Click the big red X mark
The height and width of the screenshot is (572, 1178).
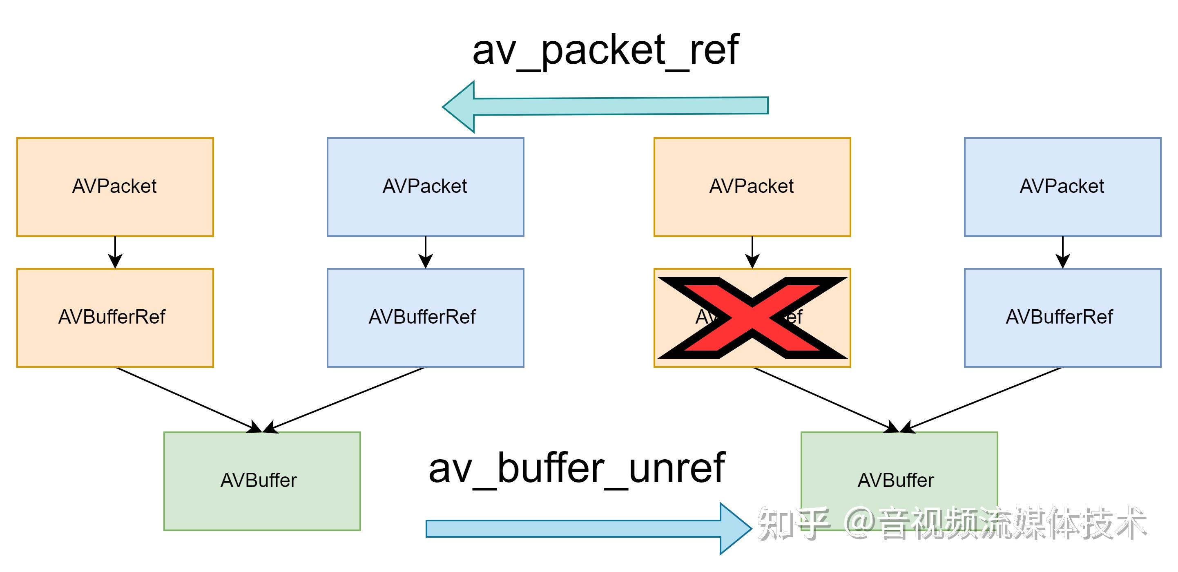752,317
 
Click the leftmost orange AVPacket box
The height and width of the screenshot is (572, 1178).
115,187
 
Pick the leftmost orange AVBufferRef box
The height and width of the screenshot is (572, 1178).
115,317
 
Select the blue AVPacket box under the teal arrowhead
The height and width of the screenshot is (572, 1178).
425,187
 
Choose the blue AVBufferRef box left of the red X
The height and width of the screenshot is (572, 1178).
425,317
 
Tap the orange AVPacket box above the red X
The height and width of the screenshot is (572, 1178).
752,187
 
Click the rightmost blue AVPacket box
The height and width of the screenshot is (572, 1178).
1062,187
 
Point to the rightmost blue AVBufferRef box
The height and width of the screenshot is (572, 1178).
1062,317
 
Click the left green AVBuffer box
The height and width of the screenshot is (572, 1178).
262,480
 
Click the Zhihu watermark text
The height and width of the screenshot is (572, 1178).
951,523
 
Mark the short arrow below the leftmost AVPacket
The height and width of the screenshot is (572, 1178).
115,252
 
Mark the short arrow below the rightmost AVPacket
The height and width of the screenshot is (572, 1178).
1062,252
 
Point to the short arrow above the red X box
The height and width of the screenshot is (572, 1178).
752,252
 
